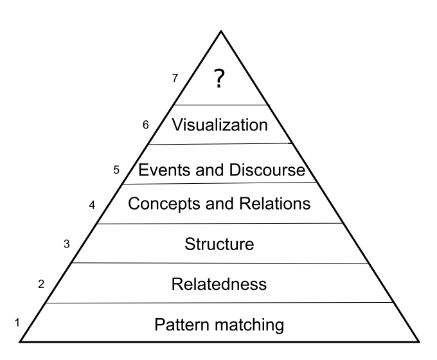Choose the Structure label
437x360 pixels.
pyautogui.click(x=219, y=244)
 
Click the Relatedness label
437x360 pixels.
pyautogui.click(x=219, y=283)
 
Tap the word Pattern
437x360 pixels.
pyautogui.click(x=180, y=324)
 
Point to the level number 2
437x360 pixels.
pyautogui.click(x=41, y=283)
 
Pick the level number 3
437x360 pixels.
pyautogui.click(x=66, y=244)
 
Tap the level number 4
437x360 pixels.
pyautogui.click(x=92, y=206)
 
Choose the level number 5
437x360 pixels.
pyautogui.click(x=116, y=170)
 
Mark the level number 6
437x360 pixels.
pyautogui.click(x=146, y=125)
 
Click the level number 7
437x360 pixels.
pyautogui.click(x=175, y=78)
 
